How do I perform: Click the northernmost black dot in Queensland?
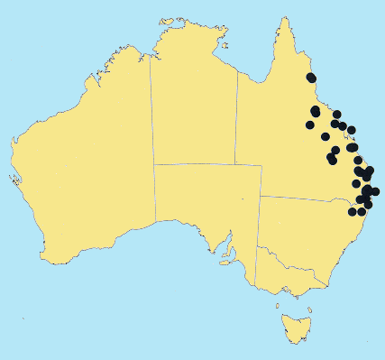(x=311, y=77)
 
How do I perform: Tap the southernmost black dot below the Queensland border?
(x=353, y=213)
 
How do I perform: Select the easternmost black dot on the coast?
(x=375, y=191)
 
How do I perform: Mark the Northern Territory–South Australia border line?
(x=207, y=165)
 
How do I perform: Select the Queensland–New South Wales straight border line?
(x=298, y=198)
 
